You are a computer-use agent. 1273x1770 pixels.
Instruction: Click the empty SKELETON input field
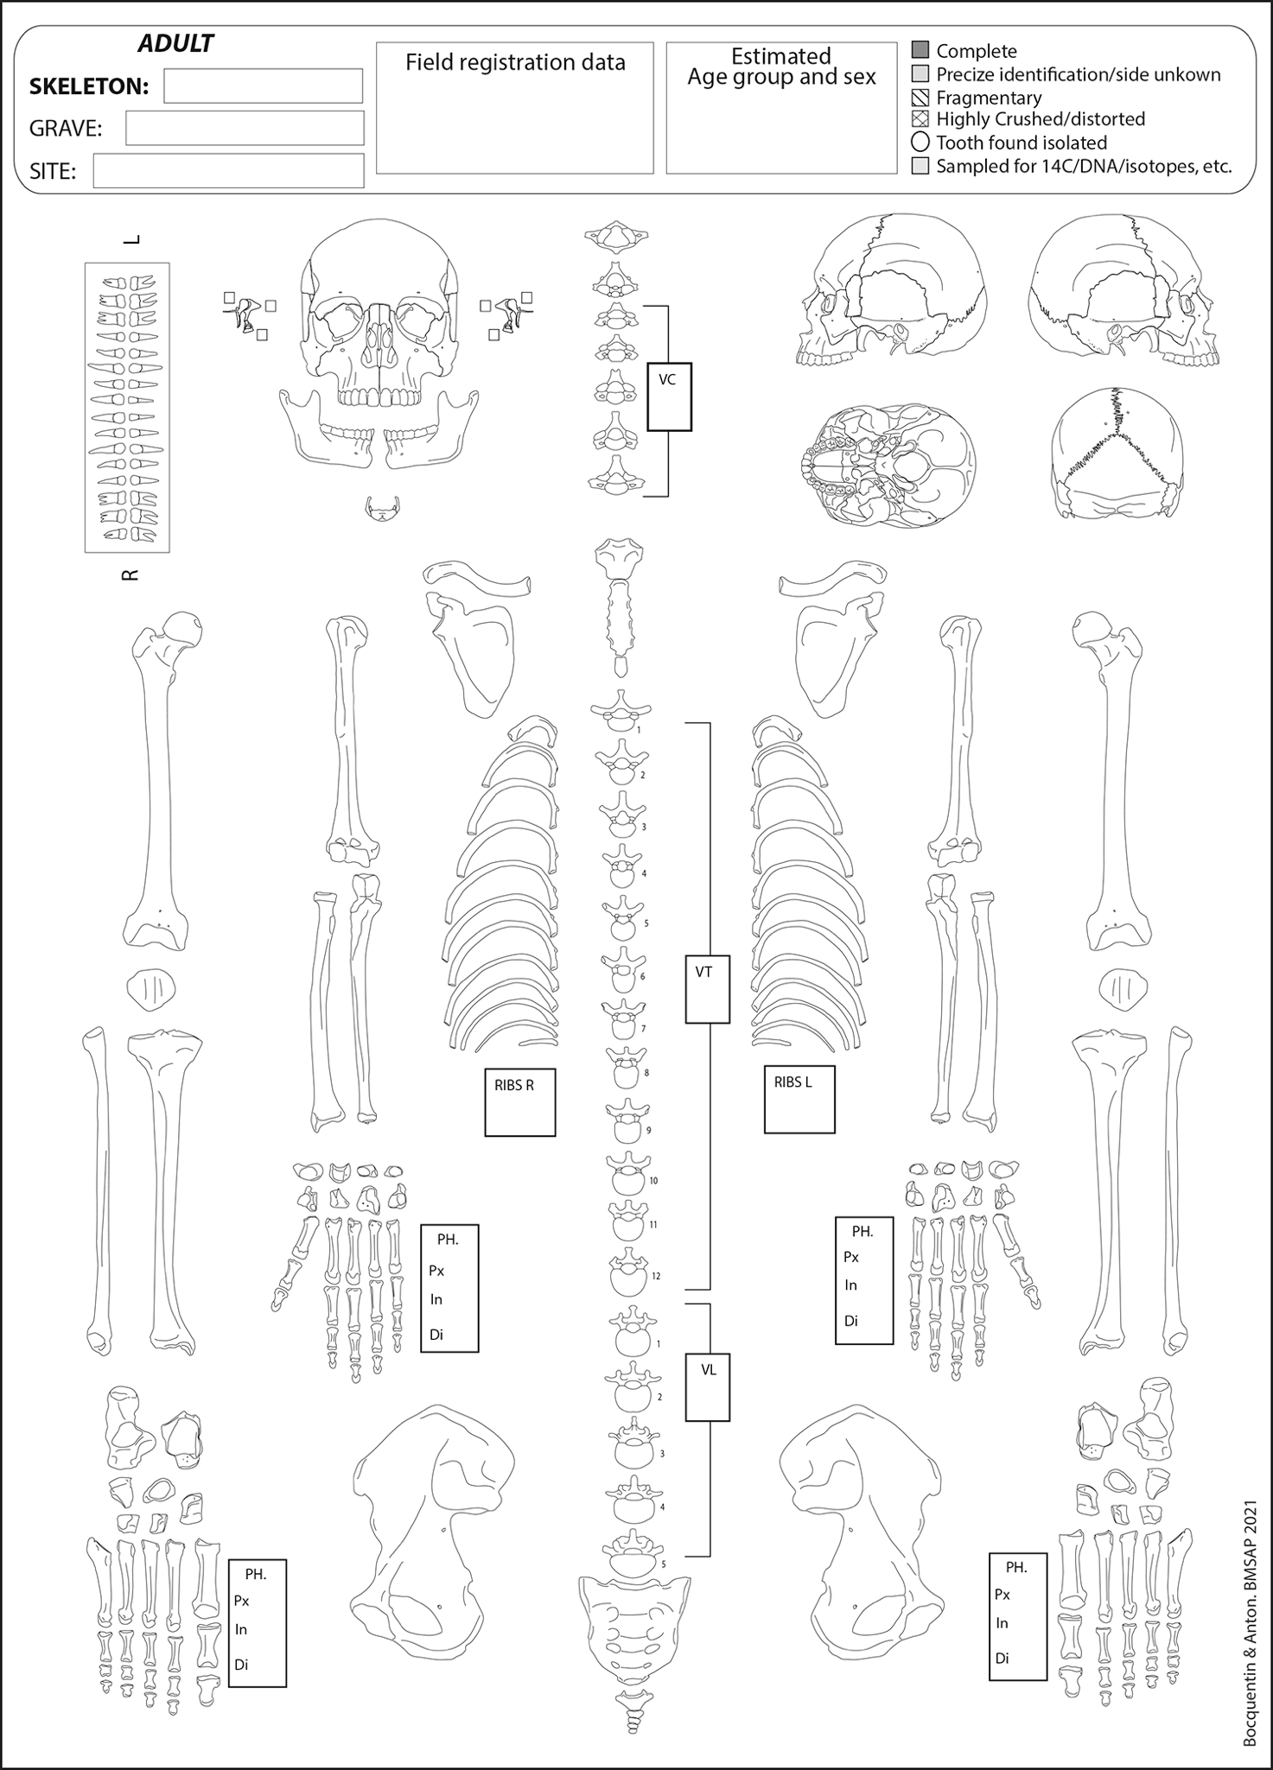click(263, 86)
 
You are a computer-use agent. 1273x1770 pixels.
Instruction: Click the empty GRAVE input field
click(245, 128)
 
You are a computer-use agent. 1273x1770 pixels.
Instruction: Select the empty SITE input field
click(228, 170)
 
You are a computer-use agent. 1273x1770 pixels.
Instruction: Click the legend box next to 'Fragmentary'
click(920, 97)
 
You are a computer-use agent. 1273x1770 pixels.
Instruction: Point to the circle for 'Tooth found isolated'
click(920, 142)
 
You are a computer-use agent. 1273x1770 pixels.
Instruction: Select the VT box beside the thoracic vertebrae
click(708, 989)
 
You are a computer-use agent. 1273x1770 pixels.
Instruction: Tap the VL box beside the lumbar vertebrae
click(708, 1386)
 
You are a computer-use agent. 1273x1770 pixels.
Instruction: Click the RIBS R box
click(519, 1102)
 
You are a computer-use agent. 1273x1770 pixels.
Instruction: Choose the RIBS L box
click(799, 1100)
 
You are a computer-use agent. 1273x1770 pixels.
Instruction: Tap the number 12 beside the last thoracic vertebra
click(656, 1276)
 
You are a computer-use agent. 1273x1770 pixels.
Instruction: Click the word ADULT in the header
click(175, 44)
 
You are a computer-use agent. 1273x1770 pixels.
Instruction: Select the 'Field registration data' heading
click(515, 63)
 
